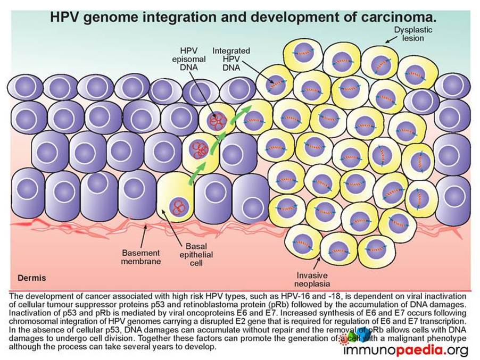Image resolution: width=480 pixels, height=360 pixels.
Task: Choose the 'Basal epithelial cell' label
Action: [x=199, y=255]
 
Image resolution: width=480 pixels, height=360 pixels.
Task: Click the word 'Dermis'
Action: [x=32, y=278]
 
